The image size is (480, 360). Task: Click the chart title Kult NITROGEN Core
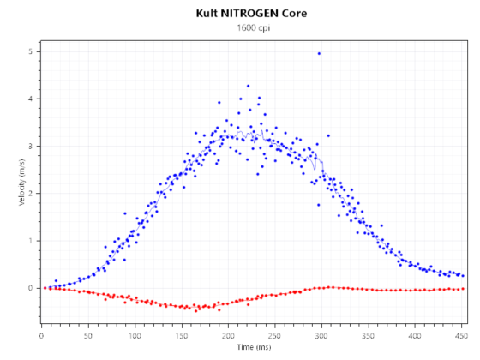239,14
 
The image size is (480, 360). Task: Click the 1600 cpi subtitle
239,28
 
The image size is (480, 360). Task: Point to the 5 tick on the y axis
30,52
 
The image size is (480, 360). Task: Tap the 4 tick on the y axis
30,99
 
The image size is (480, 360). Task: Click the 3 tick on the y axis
30,147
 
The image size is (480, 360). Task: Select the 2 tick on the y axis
30,194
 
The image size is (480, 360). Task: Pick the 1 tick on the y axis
30,241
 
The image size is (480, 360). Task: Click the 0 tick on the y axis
30,288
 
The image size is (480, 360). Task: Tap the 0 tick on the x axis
42,337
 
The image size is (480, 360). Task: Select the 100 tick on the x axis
135,337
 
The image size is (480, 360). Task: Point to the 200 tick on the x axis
229,337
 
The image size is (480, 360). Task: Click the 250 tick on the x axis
276,337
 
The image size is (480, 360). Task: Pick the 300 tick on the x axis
322,337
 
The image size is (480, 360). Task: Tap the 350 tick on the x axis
369,337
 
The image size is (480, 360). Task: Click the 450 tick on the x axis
463,337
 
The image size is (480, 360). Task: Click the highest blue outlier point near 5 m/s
319,53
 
